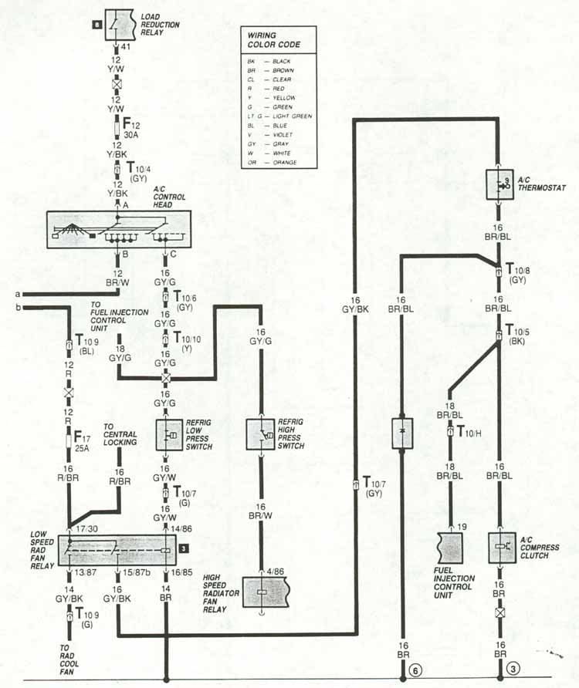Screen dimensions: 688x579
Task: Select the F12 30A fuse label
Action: coord(131,128)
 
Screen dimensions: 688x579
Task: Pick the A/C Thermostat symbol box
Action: coord(499,184)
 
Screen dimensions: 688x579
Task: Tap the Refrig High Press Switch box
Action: coord(260,435)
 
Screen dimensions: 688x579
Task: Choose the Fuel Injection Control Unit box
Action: coord(449,547)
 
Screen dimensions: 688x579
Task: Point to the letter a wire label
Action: coord(17,294)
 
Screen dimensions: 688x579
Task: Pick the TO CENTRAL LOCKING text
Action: coord(120,434)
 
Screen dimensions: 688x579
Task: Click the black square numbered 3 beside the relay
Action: coord(185,548)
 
